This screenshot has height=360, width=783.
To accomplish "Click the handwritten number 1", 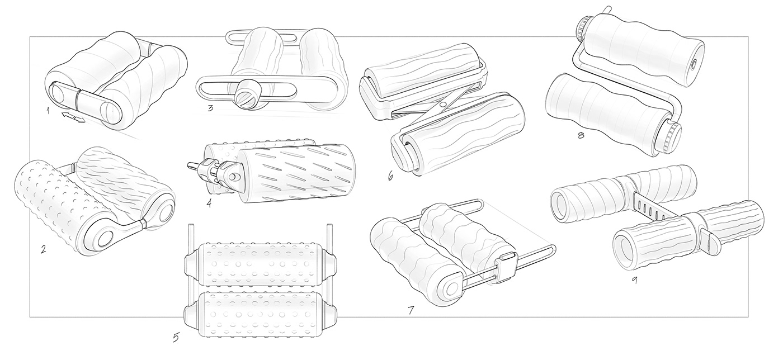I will click(49, 111).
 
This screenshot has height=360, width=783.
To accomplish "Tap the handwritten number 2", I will click(43, 248).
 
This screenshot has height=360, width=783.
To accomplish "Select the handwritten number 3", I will click(210, 108).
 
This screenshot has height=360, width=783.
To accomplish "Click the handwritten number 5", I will click(176, 338).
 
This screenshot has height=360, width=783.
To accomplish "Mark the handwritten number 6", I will click(390, 176).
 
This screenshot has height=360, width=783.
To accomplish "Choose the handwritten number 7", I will click(411, 309).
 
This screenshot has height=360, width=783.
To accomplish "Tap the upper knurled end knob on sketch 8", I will click(584, 26).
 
